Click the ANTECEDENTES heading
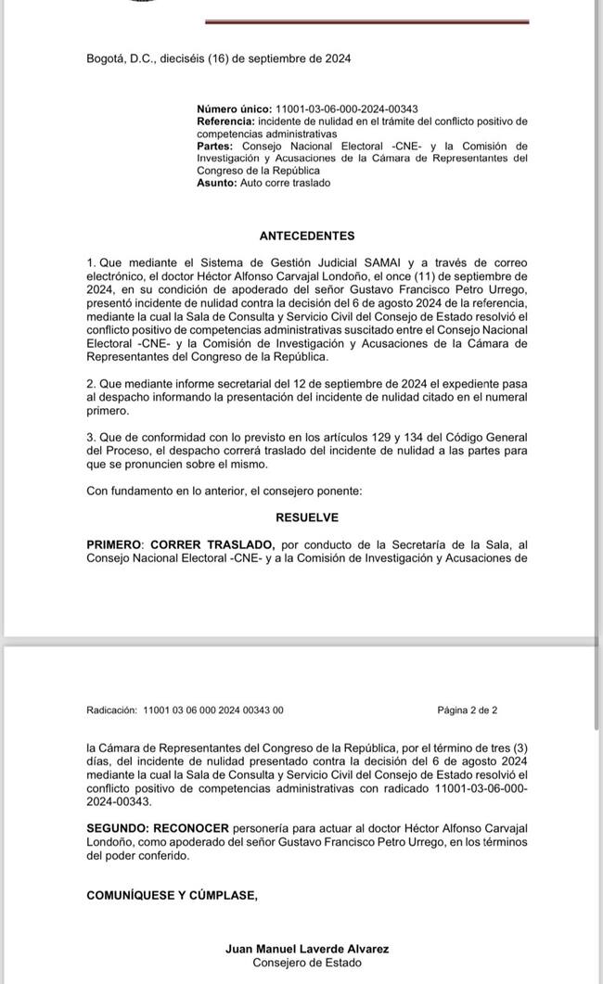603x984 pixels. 306,236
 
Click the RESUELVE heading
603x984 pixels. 306,517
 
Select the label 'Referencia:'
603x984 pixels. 226,121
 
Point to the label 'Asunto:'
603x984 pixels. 217,183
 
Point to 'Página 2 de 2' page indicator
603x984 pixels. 468,710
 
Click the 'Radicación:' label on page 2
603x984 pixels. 111,710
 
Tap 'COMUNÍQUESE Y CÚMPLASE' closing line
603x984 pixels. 172,895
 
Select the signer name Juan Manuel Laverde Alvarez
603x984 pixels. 306,949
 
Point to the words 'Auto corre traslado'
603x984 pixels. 285,183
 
